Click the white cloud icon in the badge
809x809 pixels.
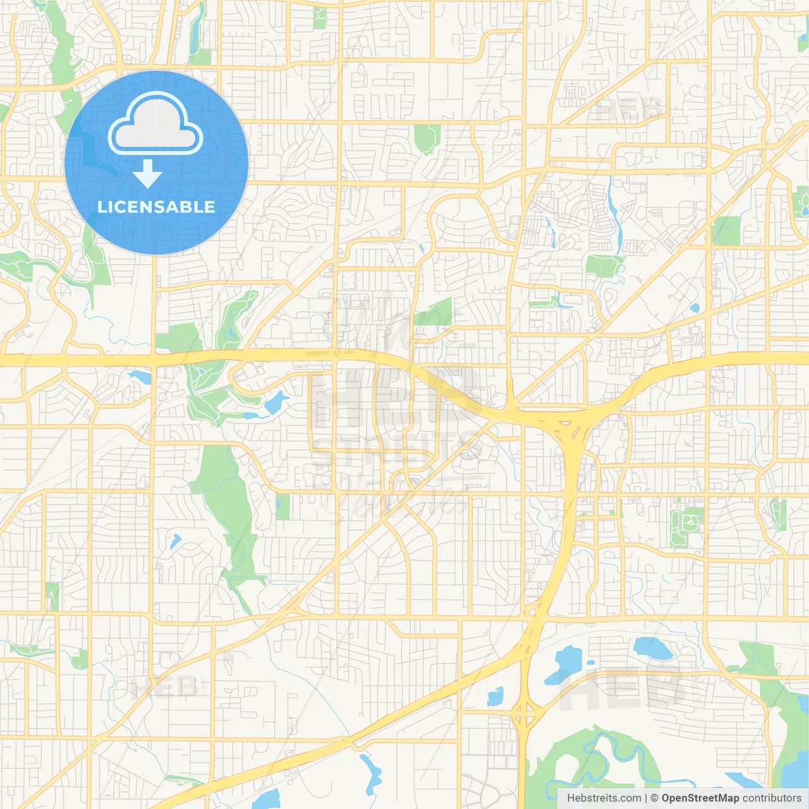(155, 124)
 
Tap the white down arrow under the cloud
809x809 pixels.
(147, 173)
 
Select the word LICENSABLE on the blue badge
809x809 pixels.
(156, 207)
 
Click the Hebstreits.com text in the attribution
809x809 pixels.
(604, 798)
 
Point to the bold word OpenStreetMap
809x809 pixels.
(700, 798)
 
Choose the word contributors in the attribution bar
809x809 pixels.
(772, 798)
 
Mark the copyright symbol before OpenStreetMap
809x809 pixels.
(655, 798)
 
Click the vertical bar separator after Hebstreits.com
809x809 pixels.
(646, 798)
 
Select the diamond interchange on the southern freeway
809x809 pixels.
(525, 714)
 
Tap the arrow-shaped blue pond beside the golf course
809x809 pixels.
(276, 402)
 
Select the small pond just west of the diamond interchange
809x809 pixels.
(495, 697)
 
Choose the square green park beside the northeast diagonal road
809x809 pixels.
(726, 231)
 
